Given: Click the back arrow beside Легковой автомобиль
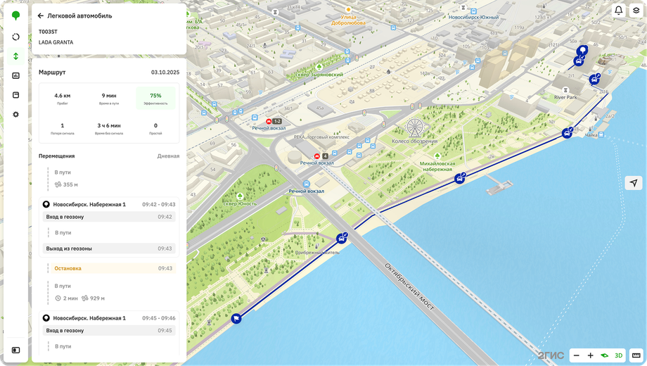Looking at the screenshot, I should (41, 15).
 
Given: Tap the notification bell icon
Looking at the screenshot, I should (619, 11).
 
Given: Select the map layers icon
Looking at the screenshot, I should (636, 11).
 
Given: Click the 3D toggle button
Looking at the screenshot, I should (619, 355).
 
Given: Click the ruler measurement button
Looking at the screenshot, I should (636, 355).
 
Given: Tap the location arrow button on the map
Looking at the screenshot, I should (634, 182).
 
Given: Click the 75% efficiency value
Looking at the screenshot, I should (155, 95).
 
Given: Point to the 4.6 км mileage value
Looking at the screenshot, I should (63, 95).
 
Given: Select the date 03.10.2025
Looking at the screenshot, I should (165, 72).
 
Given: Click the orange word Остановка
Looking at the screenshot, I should (68, 268).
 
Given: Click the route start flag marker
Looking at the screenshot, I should (236, 319).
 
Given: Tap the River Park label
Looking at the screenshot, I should (565, 97).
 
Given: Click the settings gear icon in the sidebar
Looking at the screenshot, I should (16, 114).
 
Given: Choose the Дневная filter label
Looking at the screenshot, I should (168, 156).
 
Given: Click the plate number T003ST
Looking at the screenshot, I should (48, 32).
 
